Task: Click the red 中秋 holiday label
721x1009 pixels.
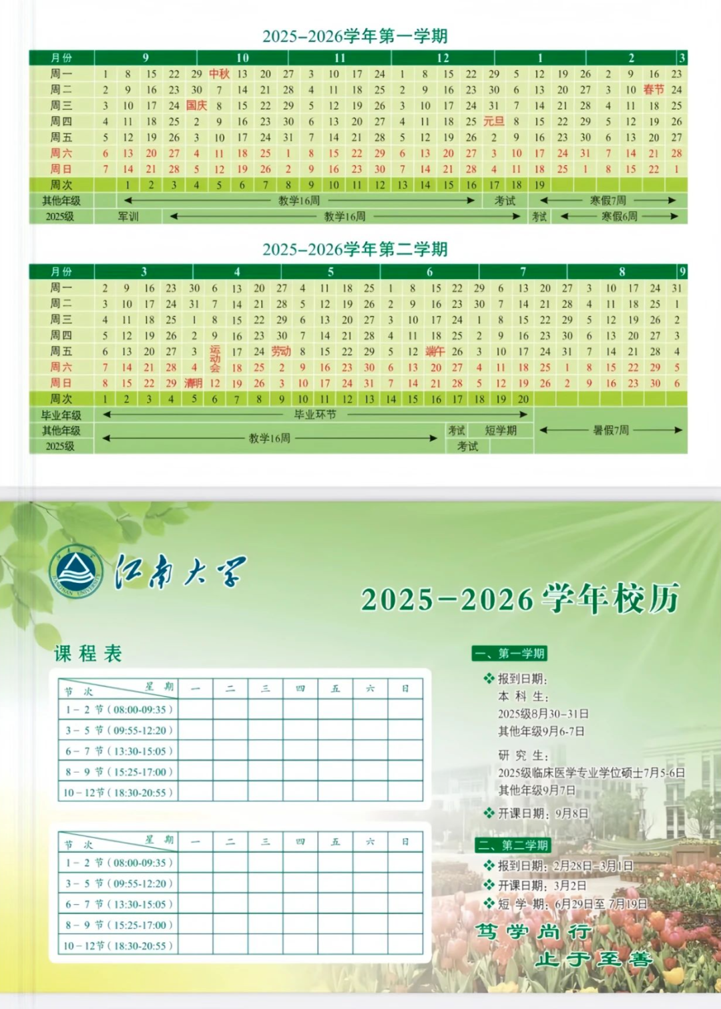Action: (219, 74)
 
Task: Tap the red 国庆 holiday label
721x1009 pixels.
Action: (196, 106)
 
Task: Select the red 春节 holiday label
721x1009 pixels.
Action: (654, 89)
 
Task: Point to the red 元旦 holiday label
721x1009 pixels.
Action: (493, 122)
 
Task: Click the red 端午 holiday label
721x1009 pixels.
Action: (435, 351)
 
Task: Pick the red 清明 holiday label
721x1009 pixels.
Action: (193, 383)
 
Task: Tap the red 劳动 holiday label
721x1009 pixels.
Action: (281, 351)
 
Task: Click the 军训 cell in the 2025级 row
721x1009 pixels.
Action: (128, 216)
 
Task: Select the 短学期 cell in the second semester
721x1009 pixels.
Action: (501, 431)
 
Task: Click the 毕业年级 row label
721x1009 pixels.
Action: (61, 415)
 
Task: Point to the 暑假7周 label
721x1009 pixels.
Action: (611, 431)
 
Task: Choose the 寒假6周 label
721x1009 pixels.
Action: (619, 216)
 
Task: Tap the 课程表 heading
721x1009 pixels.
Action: (88, 653)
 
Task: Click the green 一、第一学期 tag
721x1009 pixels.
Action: (511, 653)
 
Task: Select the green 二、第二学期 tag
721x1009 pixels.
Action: (513, 845)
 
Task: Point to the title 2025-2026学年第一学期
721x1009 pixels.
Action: (354, 36)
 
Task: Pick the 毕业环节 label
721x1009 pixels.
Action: (315, 415)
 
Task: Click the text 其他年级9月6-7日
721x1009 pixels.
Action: (541, 731)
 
